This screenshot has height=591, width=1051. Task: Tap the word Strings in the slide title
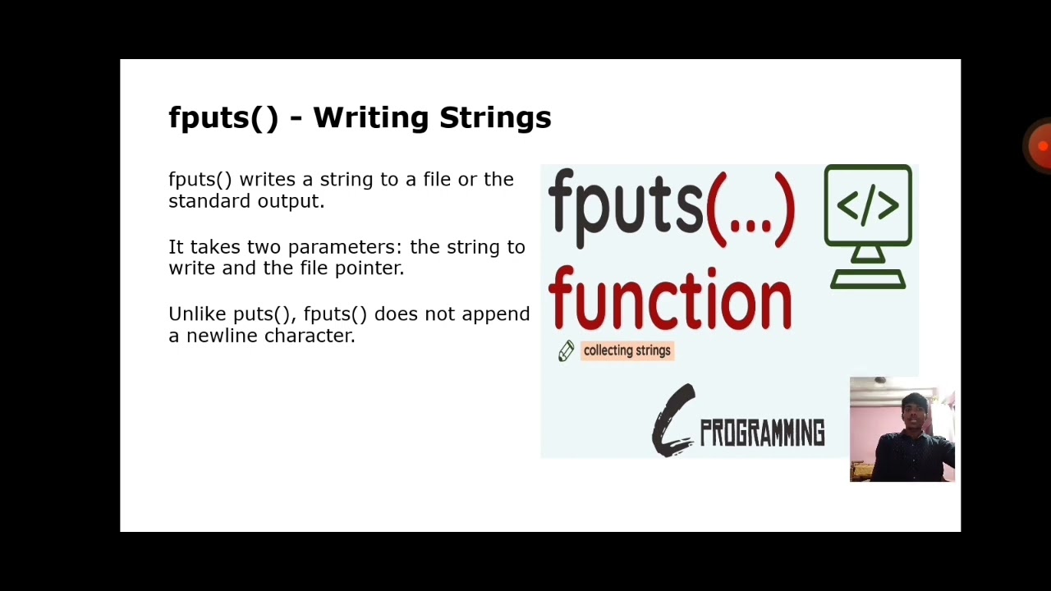495,118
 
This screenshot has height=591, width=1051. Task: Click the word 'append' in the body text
496,314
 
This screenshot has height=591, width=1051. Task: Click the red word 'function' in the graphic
670,300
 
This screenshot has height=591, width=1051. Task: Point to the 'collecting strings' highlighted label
626,351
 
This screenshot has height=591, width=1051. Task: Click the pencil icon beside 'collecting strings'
566,351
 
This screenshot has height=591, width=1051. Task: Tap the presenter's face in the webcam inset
913,410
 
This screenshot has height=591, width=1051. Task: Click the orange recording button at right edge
1041,146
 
